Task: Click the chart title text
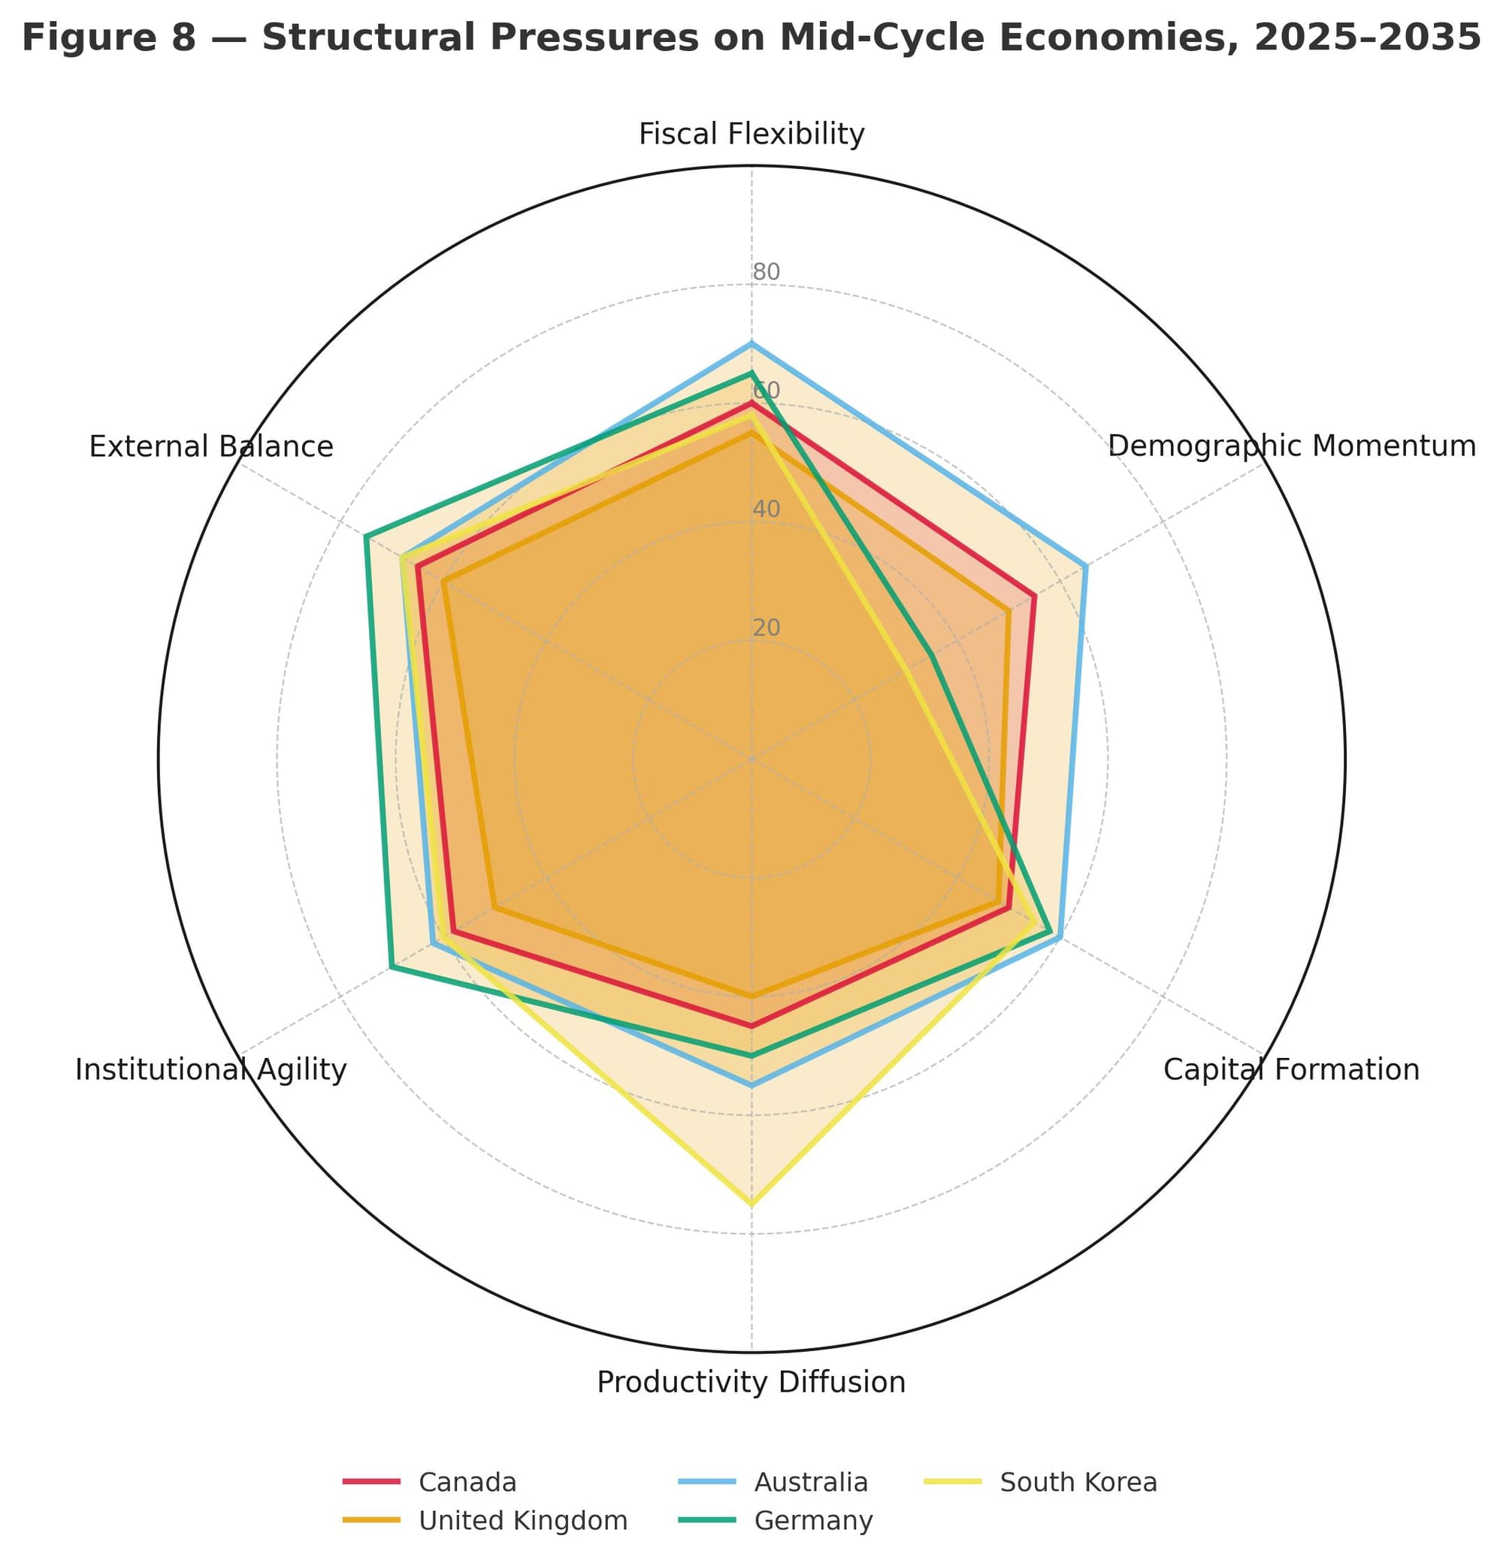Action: click(751, 38)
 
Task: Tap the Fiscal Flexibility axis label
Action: click(751, 135)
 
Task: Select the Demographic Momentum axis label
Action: click(1291, 446)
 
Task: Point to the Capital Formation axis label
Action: click(1290, 1069)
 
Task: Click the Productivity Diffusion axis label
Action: click(751, 1382)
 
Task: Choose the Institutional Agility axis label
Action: click(211, 1069)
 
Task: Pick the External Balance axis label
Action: click(211, 446)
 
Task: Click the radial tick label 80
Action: click(767, 273)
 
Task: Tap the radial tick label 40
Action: click(767, 509)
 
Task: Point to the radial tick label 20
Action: click(767, 628)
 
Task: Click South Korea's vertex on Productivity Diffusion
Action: click(751, 1202)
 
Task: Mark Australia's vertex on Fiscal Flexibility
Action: click(751, 343)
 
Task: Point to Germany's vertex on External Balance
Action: click(365, 536)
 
